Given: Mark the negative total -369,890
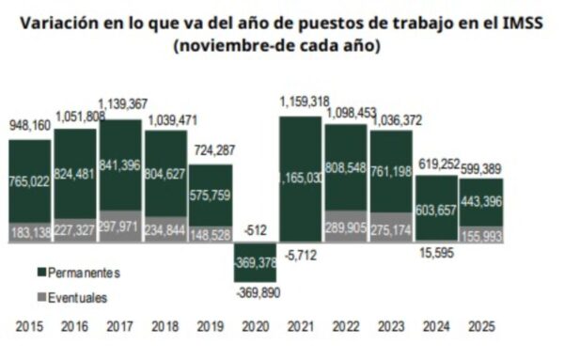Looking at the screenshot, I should [x=255, y=294].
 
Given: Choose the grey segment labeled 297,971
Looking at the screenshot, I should [x=119, y=227].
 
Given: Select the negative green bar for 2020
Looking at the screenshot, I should [x=255, y=262].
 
